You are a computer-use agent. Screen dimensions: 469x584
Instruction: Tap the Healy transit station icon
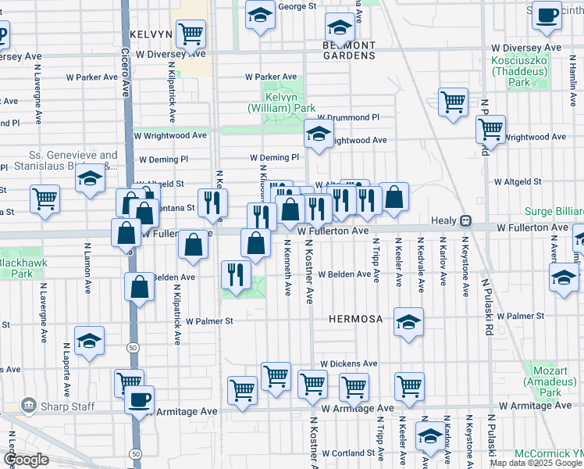(466, 221)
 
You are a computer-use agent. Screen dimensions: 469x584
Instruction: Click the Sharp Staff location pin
(29, 406)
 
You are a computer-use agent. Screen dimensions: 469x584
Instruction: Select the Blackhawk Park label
(16, 267)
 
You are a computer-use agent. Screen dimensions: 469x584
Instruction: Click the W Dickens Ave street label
(348, 364)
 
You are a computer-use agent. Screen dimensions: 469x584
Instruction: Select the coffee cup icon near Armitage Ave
(140, 399)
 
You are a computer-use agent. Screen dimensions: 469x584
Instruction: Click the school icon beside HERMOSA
(408, 322)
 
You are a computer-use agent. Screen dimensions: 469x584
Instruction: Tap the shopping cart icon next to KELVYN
(191, 34)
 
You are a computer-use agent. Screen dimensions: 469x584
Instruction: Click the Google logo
(26, 460)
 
